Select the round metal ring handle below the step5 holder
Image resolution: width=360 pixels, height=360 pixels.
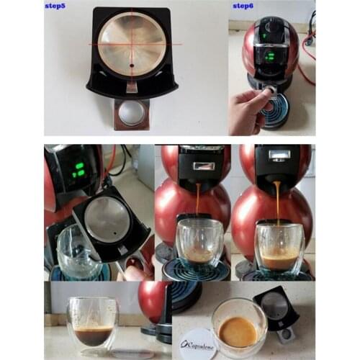(x=130, y=113)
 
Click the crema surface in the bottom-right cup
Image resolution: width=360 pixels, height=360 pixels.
(x=238, y=330)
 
